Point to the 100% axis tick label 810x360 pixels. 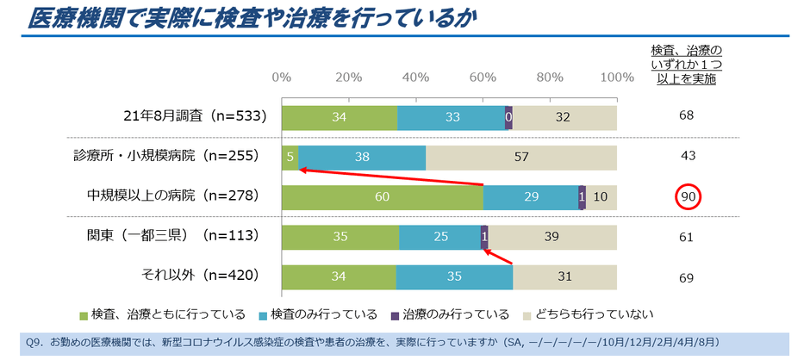point(616,77)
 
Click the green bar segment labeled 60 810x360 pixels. point(383,197)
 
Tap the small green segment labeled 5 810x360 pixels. point(290,158)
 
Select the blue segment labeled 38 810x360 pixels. point(362,158)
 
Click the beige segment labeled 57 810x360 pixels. point(521,158)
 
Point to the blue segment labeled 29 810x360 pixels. point(531,197)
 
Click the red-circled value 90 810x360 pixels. point(687,197)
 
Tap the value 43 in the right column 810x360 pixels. point(687,158)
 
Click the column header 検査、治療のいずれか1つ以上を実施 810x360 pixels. point(686,64)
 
